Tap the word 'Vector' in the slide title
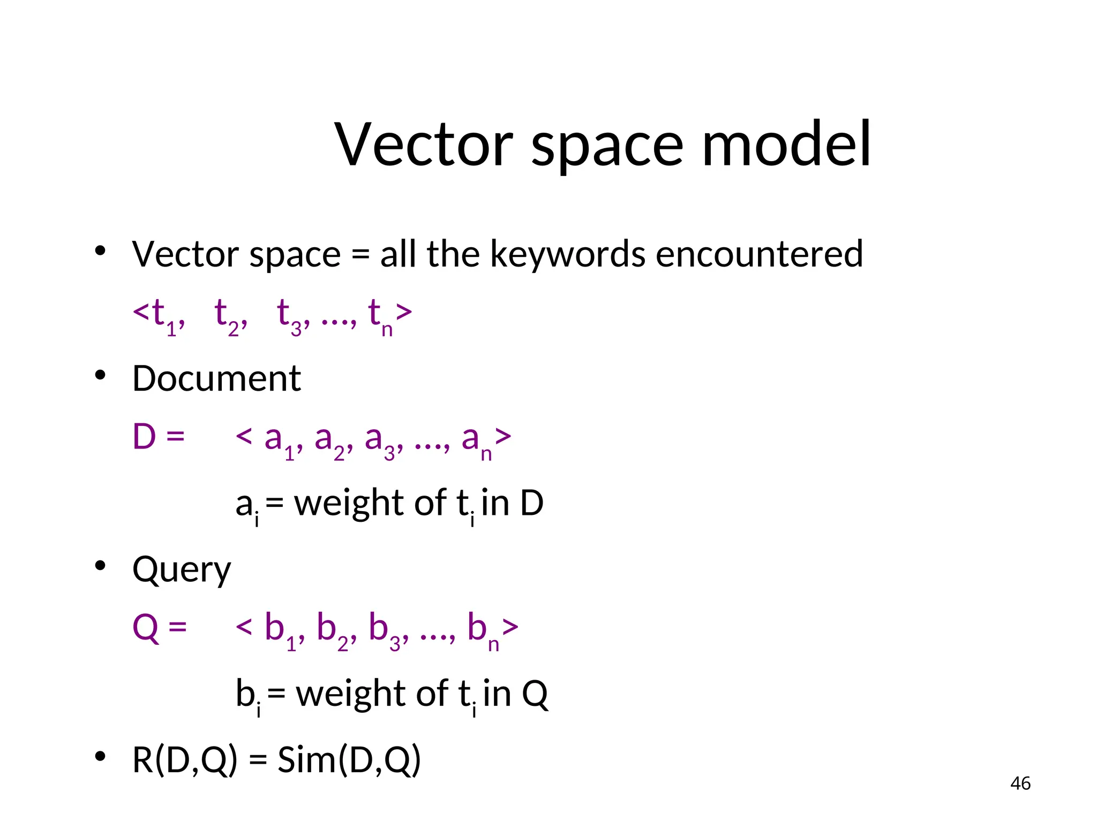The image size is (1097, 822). [424, 144]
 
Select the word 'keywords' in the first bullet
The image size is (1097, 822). [568, 254]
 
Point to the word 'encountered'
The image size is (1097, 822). [759, 254]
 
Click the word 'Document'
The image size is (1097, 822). [216, 379]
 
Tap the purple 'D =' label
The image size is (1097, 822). [159, 437]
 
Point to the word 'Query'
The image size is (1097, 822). [182, 570]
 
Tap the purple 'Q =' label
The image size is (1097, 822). [160, 627]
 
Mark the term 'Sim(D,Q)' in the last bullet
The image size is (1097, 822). [349, 760]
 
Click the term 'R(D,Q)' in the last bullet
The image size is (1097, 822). [184, 760]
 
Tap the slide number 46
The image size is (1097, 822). [1020, 783]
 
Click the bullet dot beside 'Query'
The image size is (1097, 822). [100, 566]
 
